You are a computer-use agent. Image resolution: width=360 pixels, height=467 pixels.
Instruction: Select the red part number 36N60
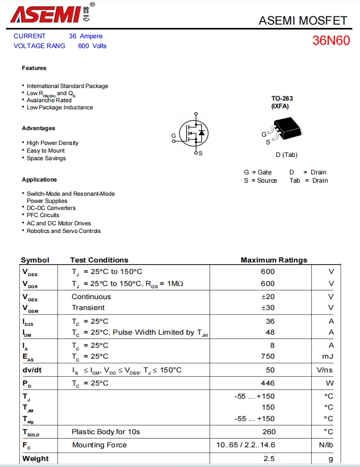click(x=331, y=40)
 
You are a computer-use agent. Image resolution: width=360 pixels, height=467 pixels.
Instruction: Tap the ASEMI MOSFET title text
click(x=303, y=20)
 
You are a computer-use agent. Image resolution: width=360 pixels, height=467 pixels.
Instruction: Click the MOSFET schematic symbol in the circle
click(x=194, y=132)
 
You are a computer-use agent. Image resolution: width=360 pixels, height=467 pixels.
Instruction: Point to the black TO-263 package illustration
click(x=287, y=129)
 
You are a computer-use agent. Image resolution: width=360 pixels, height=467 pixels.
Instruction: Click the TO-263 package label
click(x=282, y=99)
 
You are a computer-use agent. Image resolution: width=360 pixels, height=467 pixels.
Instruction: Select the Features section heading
click(x=34, y=68)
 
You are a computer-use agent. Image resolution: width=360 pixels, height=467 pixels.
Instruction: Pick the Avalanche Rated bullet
click(x=49, y=100)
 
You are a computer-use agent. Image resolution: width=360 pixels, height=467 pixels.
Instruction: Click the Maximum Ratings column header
click(x=274, y=260)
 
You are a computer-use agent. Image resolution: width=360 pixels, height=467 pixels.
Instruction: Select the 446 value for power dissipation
click(x=268, y=383)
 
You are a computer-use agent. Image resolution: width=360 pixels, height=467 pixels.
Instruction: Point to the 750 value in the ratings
click(x=268, y=356)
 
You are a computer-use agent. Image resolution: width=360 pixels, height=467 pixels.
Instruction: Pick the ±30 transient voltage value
click(x=268, y=307)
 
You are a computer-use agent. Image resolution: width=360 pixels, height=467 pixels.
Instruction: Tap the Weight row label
click(x=35, y=458)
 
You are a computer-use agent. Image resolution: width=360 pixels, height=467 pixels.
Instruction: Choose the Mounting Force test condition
click(x=99, y=445)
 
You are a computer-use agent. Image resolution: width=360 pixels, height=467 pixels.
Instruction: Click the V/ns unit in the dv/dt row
click(x=325, y=370)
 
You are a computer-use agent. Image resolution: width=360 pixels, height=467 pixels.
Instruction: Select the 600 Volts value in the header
click(x=92, y=46)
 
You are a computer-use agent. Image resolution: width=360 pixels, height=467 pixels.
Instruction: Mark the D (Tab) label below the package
click(x=286, y=155)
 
